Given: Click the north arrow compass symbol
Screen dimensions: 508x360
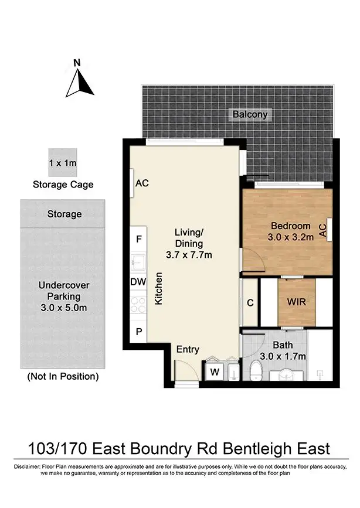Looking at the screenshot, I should point(79,82).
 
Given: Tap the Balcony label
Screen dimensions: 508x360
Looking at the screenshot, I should point(250,114).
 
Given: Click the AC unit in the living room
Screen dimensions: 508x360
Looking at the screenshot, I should point(141,183).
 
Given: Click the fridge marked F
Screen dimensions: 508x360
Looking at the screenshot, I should point(138,239).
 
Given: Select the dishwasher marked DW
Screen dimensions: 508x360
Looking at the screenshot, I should point(138,282).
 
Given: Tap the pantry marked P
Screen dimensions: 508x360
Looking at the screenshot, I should point(138,331).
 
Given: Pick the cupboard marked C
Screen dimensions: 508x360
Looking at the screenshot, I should point(250,303).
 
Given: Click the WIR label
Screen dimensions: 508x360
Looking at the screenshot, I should point(296,303).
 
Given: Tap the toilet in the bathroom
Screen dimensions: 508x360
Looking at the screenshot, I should point(256,371).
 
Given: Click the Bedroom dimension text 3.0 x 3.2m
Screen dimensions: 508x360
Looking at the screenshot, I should point(290,238).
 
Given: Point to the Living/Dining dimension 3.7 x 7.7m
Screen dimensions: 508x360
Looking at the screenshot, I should point(189,255).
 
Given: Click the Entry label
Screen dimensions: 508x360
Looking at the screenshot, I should point(188,349).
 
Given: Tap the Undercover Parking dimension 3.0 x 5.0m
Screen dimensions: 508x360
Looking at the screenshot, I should point(63,308).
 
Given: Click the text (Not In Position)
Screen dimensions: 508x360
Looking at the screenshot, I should point(63,376).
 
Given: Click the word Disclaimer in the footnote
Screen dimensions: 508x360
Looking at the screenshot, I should point(26,466).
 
